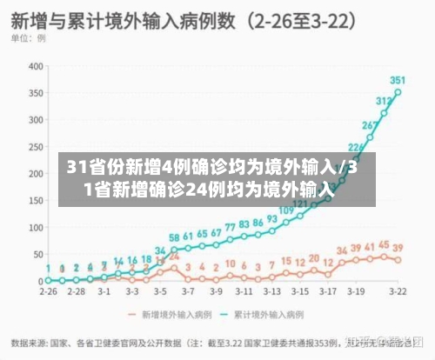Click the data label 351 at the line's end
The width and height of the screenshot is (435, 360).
[x=398, y=79]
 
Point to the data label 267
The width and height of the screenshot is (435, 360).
[x=370, y=125]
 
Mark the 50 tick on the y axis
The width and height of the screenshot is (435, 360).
[x=37, y=254]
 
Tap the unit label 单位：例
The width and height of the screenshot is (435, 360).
[x=30, y=39]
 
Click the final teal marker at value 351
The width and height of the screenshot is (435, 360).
[x=398, y=91]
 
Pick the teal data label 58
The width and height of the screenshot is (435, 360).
[x=174, y=237]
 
